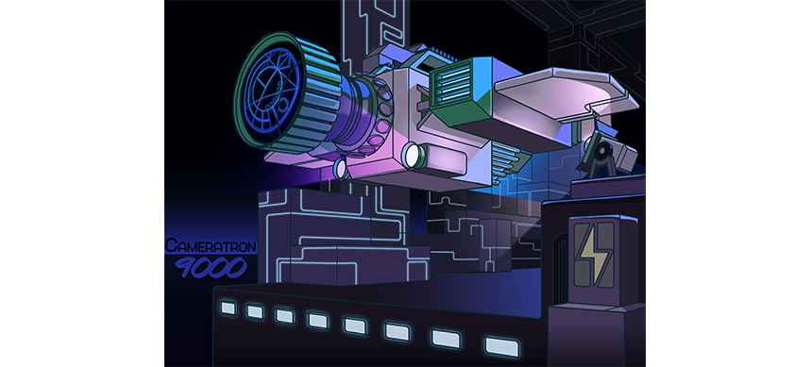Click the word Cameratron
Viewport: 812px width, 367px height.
coord(211,246)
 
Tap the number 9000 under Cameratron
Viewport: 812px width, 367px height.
coord(211,267)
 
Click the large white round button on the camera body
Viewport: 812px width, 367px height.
coord(414,156)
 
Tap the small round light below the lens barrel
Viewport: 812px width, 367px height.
coord(340,168)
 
